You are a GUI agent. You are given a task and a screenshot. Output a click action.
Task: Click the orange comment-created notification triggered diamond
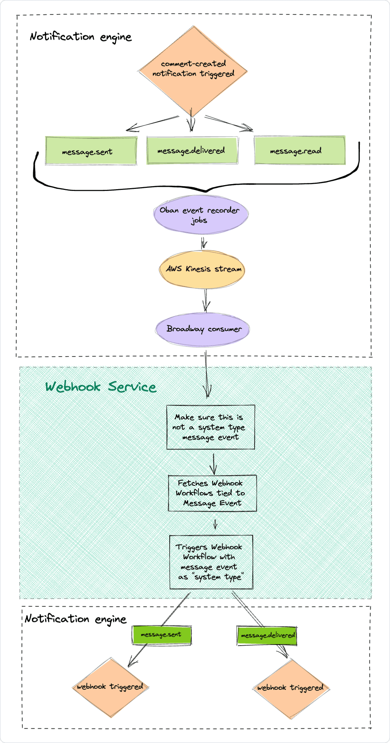pos(193,70)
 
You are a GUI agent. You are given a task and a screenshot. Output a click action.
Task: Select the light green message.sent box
pos(91,151)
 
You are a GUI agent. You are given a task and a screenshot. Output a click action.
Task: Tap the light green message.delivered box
pos(192,151)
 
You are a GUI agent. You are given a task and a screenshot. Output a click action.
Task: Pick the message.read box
pos(300,151)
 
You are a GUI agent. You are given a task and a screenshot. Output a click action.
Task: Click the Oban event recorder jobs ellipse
pos(201,215)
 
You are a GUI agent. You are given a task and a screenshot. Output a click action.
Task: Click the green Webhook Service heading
pos(101,387)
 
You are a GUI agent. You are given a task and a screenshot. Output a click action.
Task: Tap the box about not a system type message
pos(210,427)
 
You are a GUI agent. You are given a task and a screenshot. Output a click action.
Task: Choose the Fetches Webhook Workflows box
pos(212,493)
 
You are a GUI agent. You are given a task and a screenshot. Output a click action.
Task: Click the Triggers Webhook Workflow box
pos(211,562)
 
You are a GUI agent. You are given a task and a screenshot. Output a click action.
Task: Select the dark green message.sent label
pos(161,635)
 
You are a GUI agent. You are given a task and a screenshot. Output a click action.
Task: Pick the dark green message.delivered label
pos(267,636)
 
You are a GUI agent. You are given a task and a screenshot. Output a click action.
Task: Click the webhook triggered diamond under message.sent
pos(110,687)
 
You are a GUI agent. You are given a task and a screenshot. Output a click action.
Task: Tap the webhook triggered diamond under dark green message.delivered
pos(291,688)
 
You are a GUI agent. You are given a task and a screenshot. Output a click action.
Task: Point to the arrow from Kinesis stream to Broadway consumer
pos(206,300)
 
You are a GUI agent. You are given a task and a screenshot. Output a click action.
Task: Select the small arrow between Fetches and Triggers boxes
pos(215,524)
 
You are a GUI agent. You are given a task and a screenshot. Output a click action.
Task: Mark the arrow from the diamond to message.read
pos(229,123)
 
